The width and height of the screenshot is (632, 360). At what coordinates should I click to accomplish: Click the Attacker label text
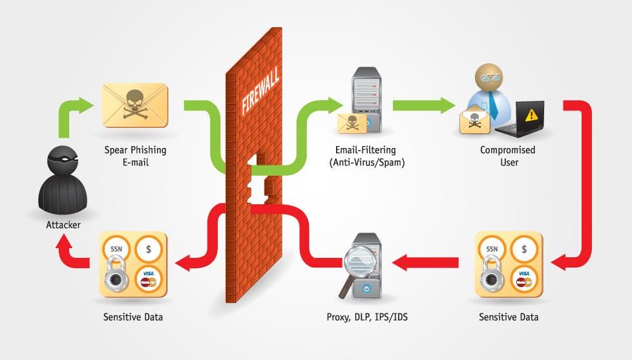point(63,225)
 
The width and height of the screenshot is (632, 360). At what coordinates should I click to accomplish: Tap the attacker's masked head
point(64,159)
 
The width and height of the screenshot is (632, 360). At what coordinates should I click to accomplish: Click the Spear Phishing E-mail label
point(135,156)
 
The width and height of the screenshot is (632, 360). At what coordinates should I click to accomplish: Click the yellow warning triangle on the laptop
point(531,115)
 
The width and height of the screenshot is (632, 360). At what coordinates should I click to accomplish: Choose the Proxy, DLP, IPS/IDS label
point(368,317)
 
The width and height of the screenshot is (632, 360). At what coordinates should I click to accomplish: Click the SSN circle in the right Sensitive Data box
point(492,249)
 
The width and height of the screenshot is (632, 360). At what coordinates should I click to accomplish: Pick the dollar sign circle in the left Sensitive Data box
point(149,249)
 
